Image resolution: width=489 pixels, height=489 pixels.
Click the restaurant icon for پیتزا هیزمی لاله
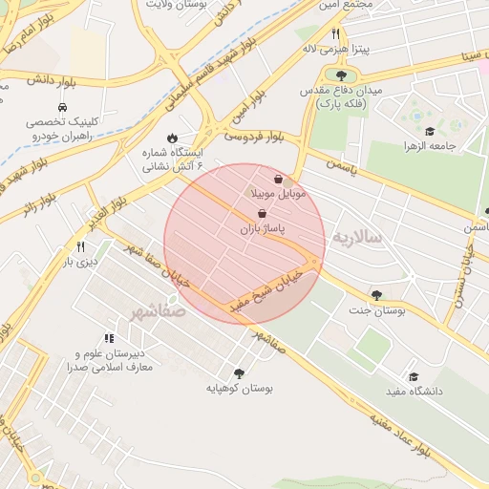[x=335, y=33]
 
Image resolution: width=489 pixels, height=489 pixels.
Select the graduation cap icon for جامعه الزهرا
[x=430, y=131]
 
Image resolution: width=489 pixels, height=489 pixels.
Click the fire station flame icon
[x=171, y=138]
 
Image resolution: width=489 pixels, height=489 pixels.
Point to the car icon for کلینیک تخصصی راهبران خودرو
[x=62, y=107]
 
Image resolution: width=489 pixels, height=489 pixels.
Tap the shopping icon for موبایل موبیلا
[x=278, y=179]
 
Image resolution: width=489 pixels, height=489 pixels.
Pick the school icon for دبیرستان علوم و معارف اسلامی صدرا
[x=109, y=338]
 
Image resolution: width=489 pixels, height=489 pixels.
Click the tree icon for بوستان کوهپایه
[x=239, y=373]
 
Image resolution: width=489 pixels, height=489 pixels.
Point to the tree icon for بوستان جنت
[x=375, y=295]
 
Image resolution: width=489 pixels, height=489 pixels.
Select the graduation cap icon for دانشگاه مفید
[x=413, y=376]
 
